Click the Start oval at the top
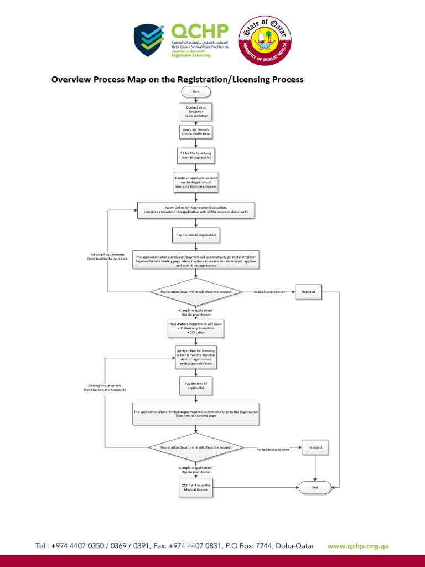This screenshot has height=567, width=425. coord(195,91)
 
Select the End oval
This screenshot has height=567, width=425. coord(315,487)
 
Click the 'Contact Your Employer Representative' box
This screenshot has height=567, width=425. coord(195,112)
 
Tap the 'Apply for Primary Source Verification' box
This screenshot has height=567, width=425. coord(196,132)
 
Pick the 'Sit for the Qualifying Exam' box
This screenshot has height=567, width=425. coord(195,156)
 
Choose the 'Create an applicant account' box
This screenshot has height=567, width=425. coord(195,183)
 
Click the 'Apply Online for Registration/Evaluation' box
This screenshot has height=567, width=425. coord(196,210)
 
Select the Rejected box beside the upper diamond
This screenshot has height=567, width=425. coord(308,292)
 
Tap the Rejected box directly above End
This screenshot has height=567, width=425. coord(315,447)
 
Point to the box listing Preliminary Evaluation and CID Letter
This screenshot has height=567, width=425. coord(196,328)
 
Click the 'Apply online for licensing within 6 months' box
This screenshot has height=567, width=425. coord(196,357)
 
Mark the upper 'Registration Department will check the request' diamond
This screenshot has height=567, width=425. coord(196,292)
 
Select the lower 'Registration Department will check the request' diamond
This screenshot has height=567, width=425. coord(196,447)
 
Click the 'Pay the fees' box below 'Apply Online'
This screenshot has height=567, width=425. coord(196,235)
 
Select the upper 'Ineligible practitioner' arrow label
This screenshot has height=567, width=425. coord(269,292)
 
